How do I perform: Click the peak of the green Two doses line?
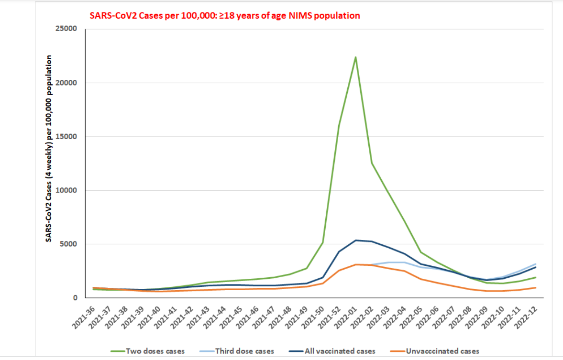355,57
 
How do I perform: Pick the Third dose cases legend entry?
244,351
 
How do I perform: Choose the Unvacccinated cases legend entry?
442,351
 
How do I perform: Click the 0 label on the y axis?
75,298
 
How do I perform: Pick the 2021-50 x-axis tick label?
313,316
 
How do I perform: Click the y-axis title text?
49,148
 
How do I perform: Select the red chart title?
225,15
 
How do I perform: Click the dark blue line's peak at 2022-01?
355,240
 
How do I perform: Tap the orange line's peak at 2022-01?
355,264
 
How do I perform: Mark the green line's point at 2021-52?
339,125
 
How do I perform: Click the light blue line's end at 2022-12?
536,264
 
